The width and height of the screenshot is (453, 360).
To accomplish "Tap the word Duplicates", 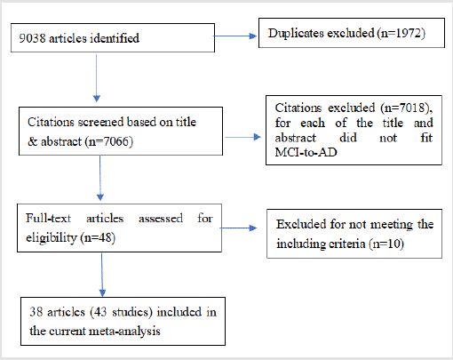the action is point(296,34).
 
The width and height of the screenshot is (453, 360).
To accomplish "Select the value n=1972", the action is point(401,33).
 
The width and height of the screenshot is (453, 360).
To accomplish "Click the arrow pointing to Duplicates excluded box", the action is point(234,36).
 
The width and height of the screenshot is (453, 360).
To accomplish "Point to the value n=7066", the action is point(109,141).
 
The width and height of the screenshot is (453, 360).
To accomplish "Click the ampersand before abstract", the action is point(32,141).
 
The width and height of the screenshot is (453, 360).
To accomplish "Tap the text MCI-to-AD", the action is point(306,152).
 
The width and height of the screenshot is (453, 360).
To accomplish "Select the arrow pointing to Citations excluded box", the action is point(242,137).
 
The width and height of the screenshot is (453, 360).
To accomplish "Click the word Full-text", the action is point(48,219).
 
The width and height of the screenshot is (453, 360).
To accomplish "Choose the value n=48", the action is point(98,237).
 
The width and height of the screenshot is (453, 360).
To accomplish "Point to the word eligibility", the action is point(52,238).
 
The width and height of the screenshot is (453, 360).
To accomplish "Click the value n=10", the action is point(386,244).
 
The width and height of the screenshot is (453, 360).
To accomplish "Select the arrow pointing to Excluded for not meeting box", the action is point(239,228).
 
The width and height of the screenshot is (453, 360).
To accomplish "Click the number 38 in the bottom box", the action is point(36,312).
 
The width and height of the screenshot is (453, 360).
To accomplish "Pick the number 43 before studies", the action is point(100,312).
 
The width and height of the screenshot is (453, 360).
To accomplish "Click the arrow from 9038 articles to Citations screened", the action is point(97,78).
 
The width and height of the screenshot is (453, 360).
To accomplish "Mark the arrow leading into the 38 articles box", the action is point(102,275).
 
